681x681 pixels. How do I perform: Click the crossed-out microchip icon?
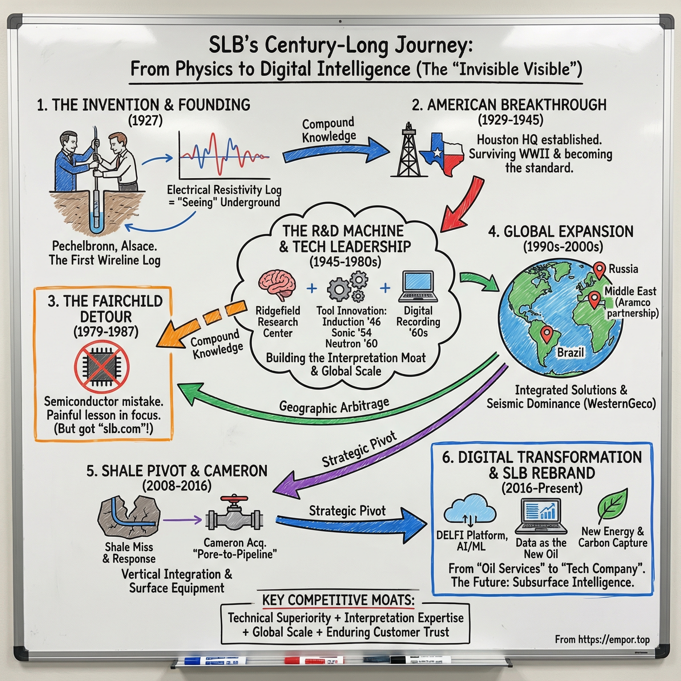tap(102, 366)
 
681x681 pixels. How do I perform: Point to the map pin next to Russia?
tap(599, 270)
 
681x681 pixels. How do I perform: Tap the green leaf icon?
tap(613, 504)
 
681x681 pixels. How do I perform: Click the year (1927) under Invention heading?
tap(145, 121)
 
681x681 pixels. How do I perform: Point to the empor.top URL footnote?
tap(602, 639)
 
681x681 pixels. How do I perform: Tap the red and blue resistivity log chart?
tap(224, 155)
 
